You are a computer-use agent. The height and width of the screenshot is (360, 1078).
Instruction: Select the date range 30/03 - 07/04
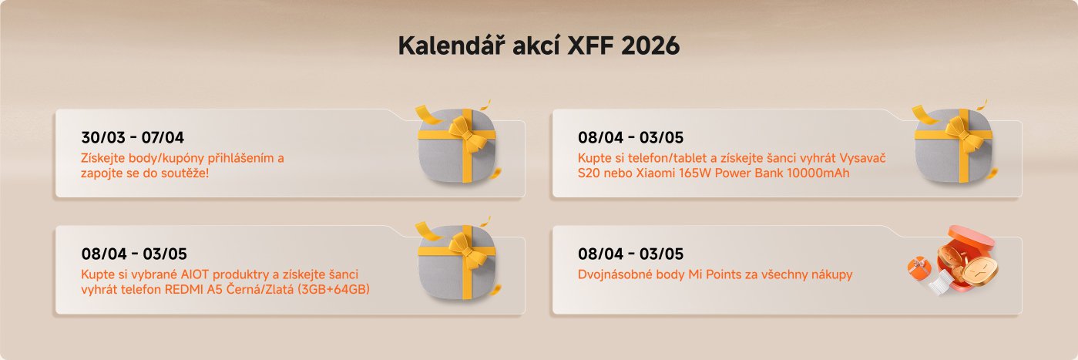[x=133, y=139]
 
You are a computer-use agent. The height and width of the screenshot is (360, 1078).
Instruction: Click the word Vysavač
[x=858, y=158]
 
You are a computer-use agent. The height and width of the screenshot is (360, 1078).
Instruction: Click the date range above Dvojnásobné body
[x=630, y=254]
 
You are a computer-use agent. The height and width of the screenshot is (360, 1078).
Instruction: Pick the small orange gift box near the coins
[x=919, y=267]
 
